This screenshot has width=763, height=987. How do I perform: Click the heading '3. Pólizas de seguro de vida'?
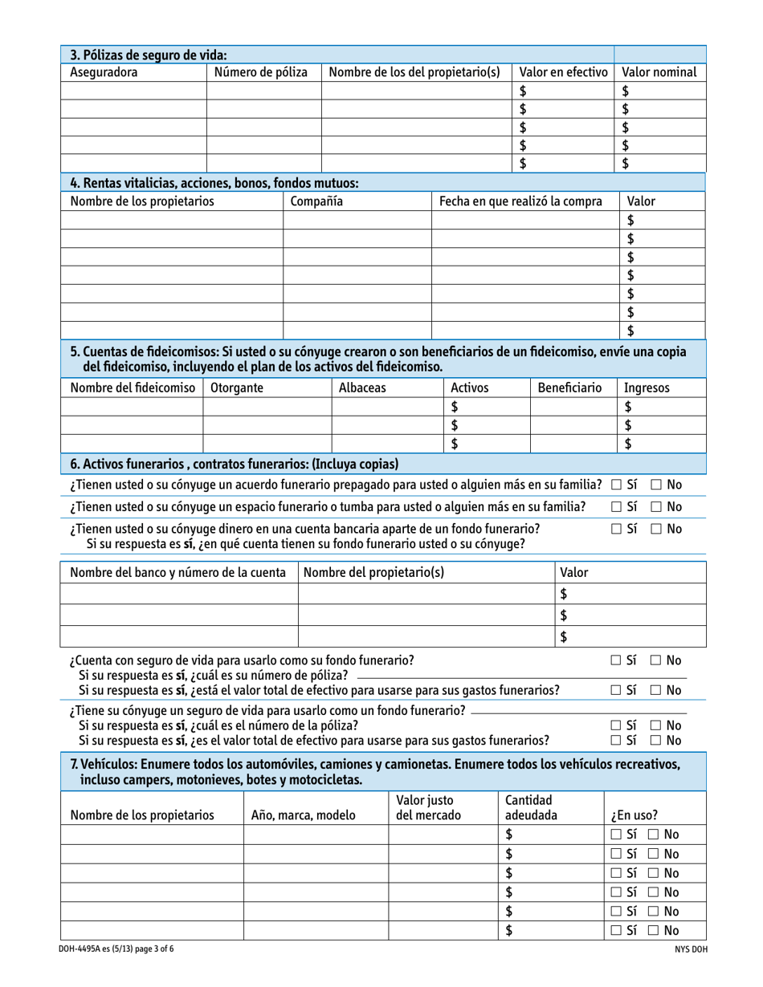tap(149, 55)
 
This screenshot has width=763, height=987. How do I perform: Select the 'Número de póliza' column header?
tap(261, 73)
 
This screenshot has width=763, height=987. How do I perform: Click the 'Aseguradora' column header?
tap(104, 73)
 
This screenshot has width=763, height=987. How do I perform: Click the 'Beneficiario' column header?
tap(569, 388)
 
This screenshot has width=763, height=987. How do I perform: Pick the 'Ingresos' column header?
tap(647, 388)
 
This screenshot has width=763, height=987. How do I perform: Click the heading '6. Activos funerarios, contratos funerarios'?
tap(235, 464)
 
